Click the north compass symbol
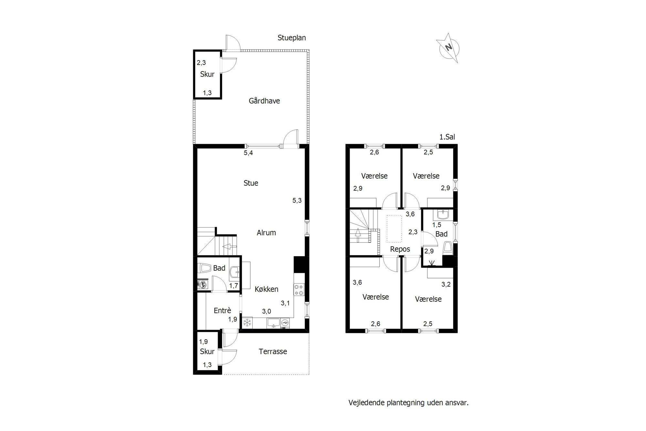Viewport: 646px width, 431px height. [x=448, y=48]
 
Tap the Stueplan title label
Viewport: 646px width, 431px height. [x=292, y=38]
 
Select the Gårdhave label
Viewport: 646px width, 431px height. [x=264, y=101]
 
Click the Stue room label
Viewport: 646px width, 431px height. [x=251, y=183]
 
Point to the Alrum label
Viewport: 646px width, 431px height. [x=266, y=233]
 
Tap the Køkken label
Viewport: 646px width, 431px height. [x=266, y=289]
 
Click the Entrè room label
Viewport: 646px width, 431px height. [x=223, y=310]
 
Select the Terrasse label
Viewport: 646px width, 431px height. [x=273, y=351]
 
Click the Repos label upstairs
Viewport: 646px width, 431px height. [x=400, y=249]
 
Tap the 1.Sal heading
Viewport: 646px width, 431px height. [x=447, y=137]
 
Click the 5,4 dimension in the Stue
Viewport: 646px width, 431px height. [x=248, y=153]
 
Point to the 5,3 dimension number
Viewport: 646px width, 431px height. [x=297, y=200]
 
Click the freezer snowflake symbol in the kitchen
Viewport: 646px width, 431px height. [x=247, y=322]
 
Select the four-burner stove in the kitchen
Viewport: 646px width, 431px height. [x=298, y=289]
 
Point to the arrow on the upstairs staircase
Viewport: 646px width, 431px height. [x=358, y=235]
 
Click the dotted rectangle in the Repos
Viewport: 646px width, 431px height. [x=394, y=229]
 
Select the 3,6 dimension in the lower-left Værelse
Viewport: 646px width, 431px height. [x=357, y=283]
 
